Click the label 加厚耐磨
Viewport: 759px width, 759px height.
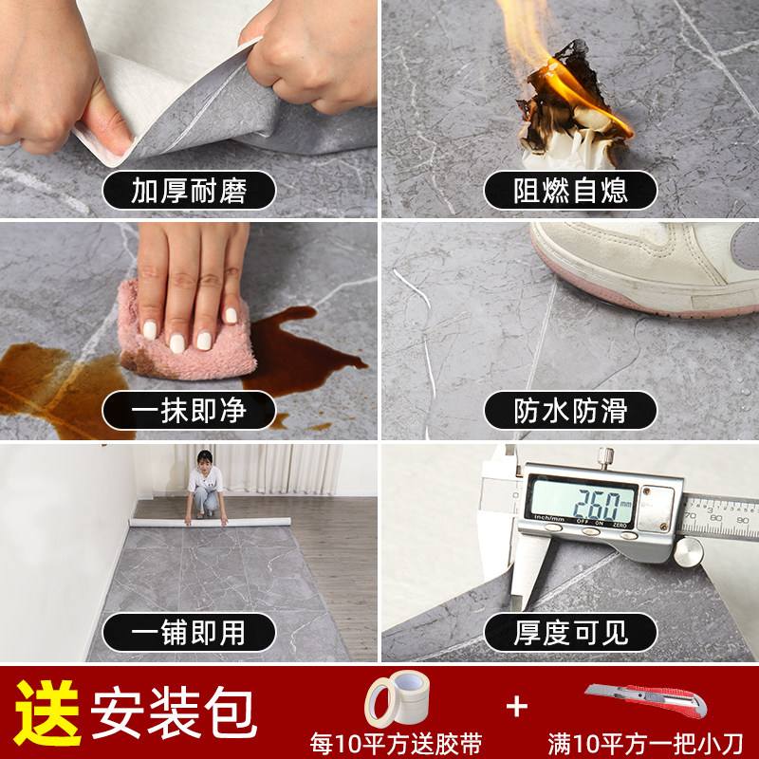(189, 191)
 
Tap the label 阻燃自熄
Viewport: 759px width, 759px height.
(570, 191)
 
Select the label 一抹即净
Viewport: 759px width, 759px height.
(189, 411)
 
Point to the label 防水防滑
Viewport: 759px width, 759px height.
(570, 411)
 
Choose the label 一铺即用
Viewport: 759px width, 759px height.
(189, 632)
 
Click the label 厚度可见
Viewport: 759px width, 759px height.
(570, 632)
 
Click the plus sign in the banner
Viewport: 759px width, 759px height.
(516, 706)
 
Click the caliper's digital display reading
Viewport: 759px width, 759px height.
(580, 498)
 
